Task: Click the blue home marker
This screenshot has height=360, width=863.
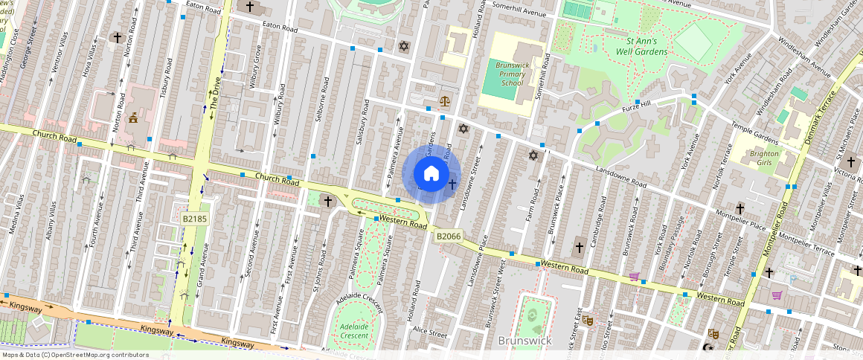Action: [431, 174]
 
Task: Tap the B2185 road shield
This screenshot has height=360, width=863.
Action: [194, 219]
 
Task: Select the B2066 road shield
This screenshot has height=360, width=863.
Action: [449, 236]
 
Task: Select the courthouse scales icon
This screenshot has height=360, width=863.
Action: [445, 100]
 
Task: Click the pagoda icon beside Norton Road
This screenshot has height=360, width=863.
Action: [134, 118]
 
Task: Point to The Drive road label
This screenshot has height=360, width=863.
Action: [216, 94]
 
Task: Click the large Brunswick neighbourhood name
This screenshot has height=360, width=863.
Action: [524, 340]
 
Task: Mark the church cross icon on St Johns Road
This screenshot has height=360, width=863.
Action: [327, 201]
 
